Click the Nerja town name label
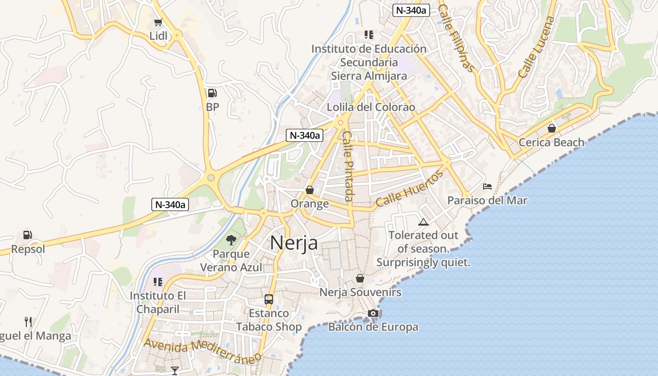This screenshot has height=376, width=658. point(294,243)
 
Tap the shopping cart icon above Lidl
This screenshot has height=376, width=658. point(158,23)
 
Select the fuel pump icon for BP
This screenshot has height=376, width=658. point(212,93)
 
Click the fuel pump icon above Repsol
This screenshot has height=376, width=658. point(28,235)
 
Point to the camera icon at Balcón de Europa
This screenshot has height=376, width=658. point(373,313)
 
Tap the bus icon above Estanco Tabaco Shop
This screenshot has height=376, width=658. point(269,299)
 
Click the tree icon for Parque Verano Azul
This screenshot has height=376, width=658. point(231,240)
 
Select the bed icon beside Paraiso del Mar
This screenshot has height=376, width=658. point(487,187)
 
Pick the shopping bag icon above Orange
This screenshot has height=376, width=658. point(310,190)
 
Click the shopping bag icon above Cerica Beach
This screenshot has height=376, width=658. point(552,128)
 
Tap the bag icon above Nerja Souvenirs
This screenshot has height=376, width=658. point(360,278)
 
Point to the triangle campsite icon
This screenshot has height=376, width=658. point(423,221)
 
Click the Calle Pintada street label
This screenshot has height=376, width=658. point(348,165)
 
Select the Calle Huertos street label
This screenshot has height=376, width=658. point(409,189)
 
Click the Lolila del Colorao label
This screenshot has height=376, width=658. point(371,107)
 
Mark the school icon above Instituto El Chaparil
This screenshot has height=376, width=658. point(158,282)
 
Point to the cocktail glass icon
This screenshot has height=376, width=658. point(175,370)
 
